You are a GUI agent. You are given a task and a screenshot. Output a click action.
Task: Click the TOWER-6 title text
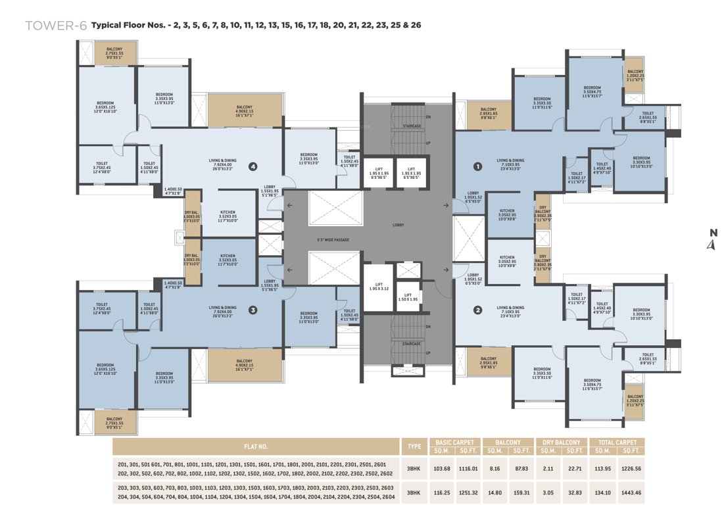56,26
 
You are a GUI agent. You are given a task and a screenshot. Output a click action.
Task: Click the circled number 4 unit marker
253,166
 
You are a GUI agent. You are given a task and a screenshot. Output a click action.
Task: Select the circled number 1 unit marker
478,166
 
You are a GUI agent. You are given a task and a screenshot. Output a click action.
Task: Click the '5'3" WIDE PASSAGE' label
333,239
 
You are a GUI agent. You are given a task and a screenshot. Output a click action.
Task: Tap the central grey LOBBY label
398,225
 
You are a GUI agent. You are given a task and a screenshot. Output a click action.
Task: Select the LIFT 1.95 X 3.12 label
379,288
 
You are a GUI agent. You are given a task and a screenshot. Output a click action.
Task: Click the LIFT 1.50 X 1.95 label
408,297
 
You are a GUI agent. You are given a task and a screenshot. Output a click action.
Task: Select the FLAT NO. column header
256,446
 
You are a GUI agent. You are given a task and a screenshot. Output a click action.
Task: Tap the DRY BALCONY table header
561,443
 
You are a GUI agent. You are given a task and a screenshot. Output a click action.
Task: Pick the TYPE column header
414,446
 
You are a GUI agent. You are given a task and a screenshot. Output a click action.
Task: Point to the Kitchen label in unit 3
228,258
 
